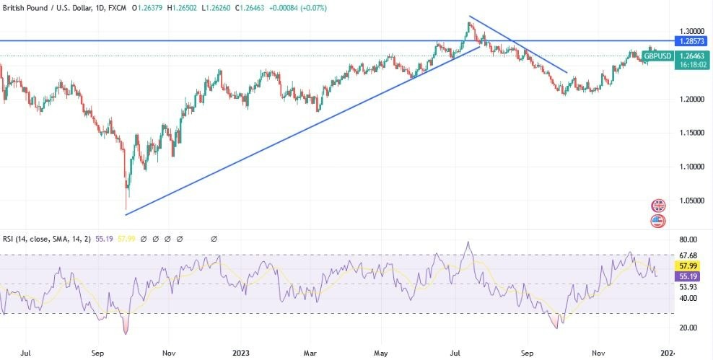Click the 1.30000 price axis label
(691, 32)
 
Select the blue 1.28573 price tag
(691, 41)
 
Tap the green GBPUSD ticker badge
(657, 56)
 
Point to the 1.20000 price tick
(691, 99)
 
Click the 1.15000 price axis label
(691, 133)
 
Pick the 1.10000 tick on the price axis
(691, 166)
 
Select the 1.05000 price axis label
(691, 200)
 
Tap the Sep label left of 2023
(98, 354)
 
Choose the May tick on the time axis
(380, 354)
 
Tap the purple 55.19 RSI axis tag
(688, 276)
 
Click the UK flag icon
(658, 206)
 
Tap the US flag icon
(658, 221)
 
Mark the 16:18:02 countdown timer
(691, 64)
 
